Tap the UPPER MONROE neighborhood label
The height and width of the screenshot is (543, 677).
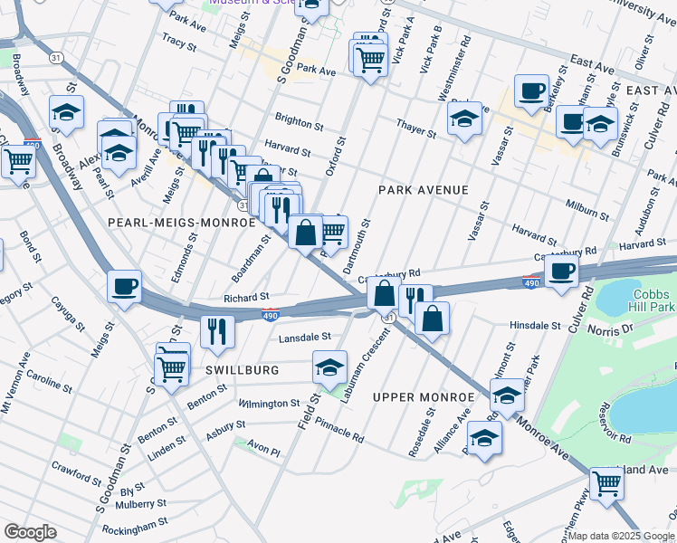point(424,397)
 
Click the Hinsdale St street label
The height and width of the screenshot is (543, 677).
point(535,324)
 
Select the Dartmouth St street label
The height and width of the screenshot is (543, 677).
point(357,246)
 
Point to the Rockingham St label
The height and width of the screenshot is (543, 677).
point(134,522)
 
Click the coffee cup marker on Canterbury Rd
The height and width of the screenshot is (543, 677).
point(561,271)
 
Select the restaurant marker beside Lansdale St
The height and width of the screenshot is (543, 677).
point(217,330)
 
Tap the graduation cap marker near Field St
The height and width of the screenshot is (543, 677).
point(329,366)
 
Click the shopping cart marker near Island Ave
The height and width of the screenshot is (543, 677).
point(605,482)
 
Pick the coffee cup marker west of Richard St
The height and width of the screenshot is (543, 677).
point(124,286)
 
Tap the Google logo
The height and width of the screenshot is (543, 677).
point(30,532)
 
